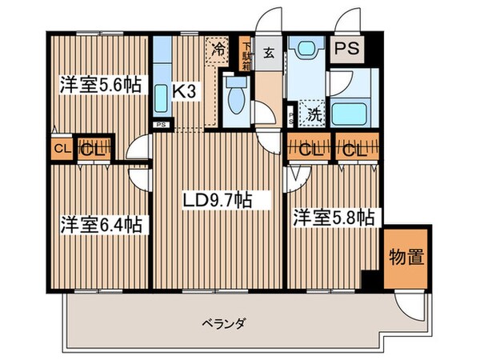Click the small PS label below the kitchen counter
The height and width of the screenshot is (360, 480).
[161, 125]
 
